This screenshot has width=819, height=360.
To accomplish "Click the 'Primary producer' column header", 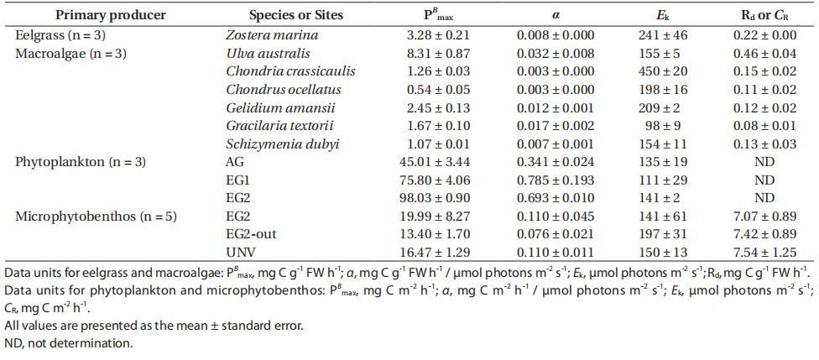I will coord(111,14).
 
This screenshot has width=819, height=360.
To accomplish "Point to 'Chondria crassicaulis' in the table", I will coord(290,71).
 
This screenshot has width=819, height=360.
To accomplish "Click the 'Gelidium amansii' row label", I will coord(280,107).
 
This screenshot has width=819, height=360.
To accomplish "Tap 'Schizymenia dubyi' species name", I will coord(283,143).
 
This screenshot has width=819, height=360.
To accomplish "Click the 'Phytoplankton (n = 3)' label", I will coord(81,162).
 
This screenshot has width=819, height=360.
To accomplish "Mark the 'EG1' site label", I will coord(238,180).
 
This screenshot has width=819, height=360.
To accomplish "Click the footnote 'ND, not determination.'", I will coord(69,342).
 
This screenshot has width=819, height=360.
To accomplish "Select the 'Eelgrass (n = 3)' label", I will coord(60,35).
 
